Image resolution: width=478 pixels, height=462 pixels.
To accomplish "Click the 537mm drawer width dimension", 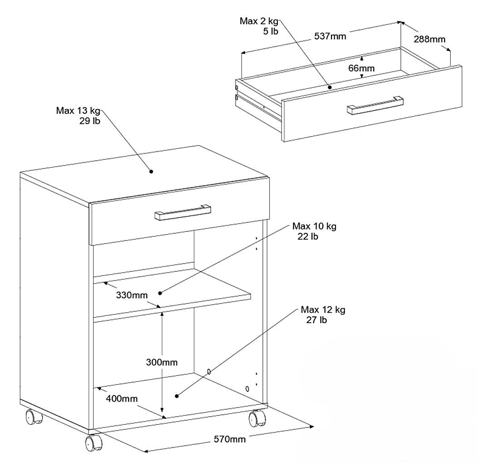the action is [x=330, y=37].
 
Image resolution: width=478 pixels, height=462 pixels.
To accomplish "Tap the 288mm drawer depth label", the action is [x=429, y=39].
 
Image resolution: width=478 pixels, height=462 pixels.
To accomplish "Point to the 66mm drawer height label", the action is [x=361, y=68].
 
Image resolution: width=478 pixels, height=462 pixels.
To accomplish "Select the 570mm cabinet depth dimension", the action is [x=230, y=439].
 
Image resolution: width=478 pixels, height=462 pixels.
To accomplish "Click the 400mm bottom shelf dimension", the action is [x=122, y=398].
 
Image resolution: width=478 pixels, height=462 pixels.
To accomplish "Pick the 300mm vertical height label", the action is [x=162, y=362].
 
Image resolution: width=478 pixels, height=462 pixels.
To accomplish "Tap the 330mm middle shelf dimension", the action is [x=132, y=295].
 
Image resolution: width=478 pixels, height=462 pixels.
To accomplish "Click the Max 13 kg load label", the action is [x=78, y=115].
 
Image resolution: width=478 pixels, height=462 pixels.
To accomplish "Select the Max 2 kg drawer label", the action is [x=259, y=26].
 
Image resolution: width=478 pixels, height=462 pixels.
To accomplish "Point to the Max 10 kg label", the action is [x=314, y=231].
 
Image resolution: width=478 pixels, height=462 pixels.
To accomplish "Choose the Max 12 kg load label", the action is [x=323, y=315].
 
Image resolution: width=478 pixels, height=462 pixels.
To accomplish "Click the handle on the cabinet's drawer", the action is [x=182, y=212].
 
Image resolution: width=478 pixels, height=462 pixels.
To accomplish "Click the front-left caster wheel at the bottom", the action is [x=94, y=443].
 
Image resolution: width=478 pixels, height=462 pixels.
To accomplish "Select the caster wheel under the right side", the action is [x=257, y=418].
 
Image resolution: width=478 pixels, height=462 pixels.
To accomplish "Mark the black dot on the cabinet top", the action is [x=151, y=172].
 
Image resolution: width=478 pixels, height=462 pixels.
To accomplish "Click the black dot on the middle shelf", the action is [x=160, y=293].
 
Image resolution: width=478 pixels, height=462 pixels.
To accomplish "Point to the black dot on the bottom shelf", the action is [x=177, y=396].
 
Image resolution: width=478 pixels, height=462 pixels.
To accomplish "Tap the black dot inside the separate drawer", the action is [x=330, y=87].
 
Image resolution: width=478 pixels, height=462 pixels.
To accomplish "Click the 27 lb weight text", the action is [x=316, y=320].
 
